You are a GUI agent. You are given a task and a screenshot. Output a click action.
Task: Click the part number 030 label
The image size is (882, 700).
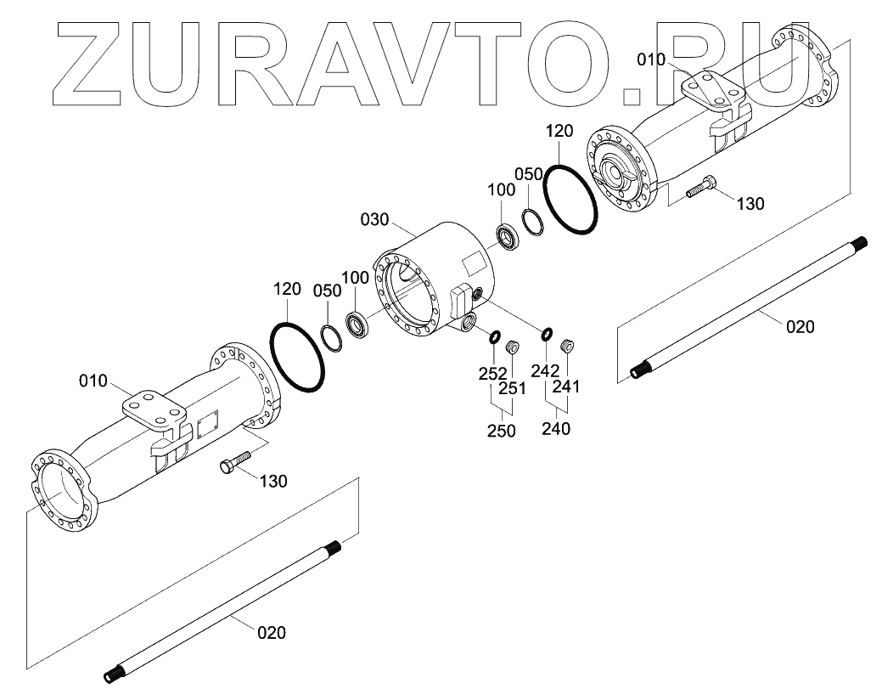pyautogui.click(x=374, y=219)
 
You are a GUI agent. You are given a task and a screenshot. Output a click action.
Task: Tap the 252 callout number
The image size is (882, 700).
pyautogui.click(x=492, y=373)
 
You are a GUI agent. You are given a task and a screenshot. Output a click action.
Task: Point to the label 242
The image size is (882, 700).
pyautogui.click(x=544, y=370)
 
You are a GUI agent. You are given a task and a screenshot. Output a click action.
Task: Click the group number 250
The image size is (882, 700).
pyautogui.click(x=502, y=431)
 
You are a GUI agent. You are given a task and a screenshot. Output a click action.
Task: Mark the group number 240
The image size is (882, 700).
pyautogui.click(x=555, y=429)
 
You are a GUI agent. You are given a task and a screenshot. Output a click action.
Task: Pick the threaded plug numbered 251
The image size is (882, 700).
pyautogui.click(x=512, y=347)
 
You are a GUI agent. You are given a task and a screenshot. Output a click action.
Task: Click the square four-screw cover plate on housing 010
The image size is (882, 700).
pyautogui.click(x=208, y=426)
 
